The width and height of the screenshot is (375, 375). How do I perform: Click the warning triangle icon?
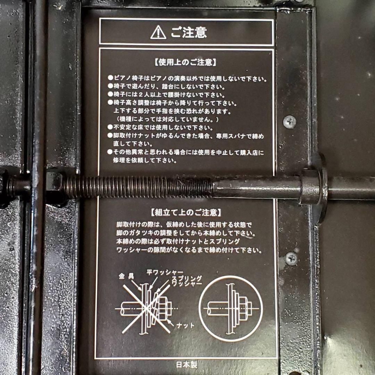pyautogui.click(x=158, y=32)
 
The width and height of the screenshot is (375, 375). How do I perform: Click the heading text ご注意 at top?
pyautogui.click(x=189, y=32)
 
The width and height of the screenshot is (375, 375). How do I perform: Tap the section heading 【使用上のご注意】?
pyautogui.click(x=185, y=62)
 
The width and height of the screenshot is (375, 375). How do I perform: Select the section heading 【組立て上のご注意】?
pyautogui.click(x=186, y=212)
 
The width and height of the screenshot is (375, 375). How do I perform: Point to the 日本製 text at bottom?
pyautogui.click(x=186, y=365)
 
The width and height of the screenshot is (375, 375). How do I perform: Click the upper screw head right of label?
pyautogui.click(x=290, y=122)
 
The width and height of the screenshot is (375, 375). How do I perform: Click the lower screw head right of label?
pyautogui.click(x=291, y=258)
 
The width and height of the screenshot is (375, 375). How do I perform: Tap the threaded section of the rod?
pyautogui.click(x=139, y=187)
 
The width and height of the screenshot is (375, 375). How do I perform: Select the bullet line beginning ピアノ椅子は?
pyautogui.click(x=187, y=79)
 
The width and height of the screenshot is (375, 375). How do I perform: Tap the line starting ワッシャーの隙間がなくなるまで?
pyautogui.click(x=189, y=250)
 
